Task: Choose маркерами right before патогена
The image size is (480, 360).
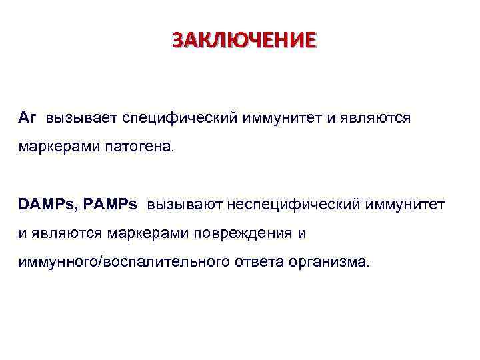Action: click(x=58, y=146)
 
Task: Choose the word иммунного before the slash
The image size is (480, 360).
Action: click(x=57, y=262)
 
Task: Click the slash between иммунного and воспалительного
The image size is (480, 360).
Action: click(x=99, y=262)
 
